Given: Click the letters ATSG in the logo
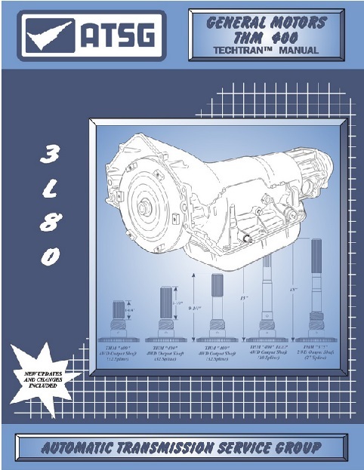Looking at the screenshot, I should coord(116,35).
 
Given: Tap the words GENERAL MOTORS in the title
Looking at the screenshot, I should coord(268,23).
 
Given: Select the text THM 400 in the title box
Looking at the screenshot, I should coord(268,38).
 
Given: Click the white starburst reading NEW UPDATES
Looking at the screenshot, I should coord(42,375).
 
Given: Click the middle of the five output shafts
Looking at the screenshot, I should coord(216,309).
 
